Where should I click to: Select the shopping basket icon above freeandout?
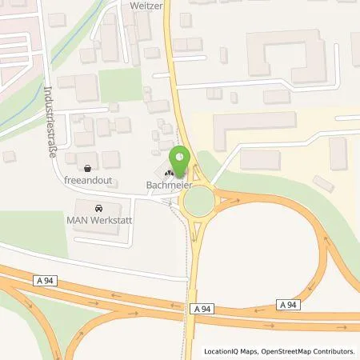pyautogui.click(x=86, y=168)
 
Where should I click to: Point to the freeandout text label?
pyautogui.click(x=86, y=181)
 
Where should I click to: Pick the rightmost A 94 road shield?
pyautogui.click(x=290, y=304)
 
